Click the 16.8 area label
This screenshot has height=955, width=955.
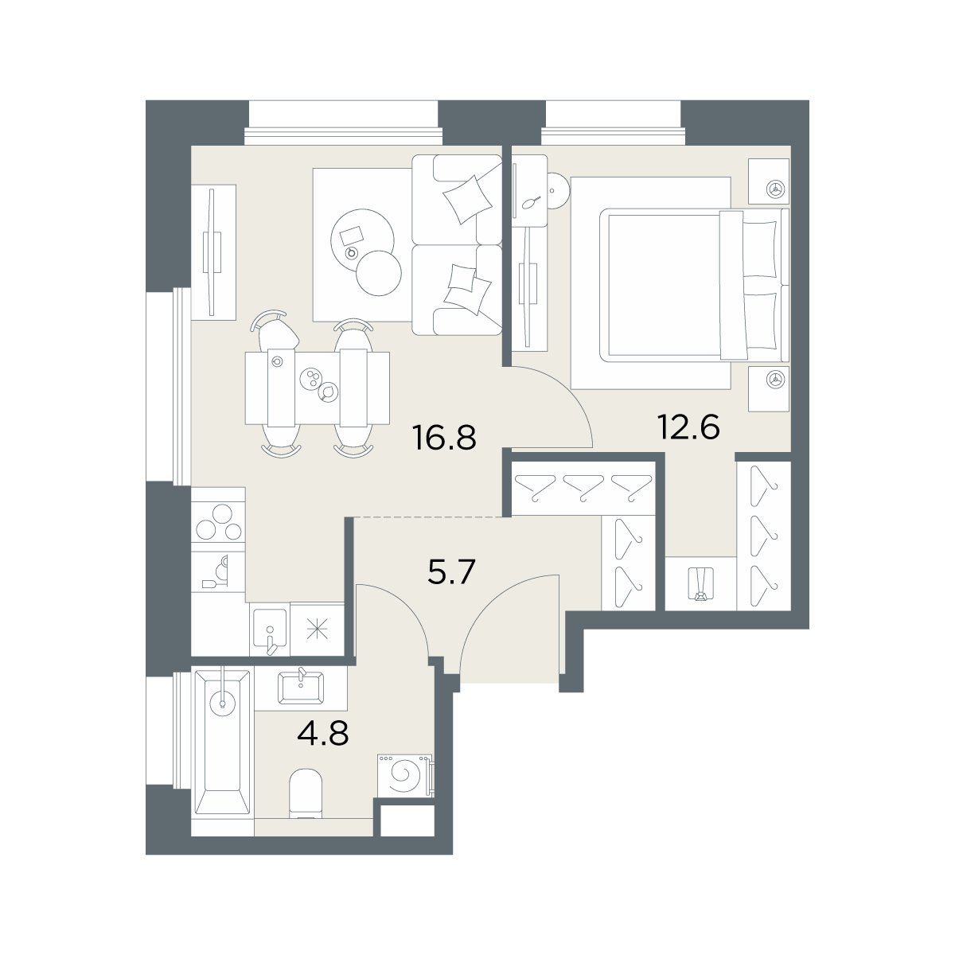(x=444, y=438)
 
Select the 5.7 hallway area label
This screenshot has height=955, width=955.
(x=451, y=571)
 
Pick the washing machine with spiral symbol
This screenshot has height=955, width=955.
(x=405, y=783)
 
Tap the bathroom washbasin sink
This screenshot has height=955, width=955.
(x=302, y=688)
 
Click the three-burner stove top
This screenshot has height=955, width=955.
(x=219, y=522)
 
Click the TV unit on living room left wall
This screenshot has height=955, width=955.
(x=213, y=251)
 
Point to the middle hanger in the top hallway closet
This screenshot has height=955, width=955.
(x=583, y=488)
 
